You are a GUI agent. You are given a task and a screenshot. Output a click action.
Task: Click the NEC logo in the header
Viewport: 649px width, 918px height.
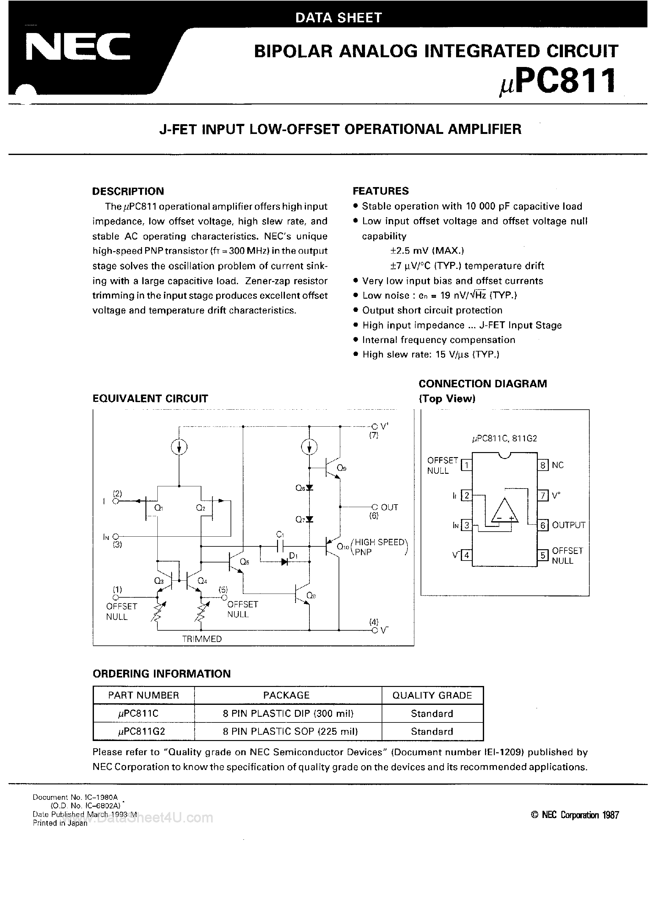[78, 47]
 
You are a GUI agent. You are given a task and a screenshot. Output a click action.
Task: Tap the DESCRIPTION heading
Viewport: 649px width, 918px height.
[128, 191]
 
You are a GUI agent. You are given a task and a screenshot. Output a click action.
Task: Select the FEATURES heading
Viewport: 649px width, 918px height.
[380, 191]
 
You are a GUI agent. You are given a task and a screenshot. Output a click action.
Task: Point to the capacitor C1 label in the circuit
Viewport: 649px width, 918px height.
[280, 534]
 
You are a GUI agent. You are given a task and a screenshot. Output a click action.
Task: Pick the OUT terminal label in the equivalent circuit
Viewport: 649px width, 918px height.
[389, 507]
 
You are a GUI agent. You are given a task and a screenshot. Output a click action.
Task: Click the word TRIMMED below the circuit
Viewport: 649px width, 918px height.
[202, 639]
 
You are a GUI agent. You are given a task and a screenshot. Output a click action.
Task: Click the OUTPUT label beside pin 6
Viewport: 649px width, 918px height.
[568, 525]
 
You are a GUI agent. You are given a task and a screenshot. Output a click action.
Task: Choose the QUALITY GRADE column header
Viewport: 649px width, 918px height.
[432, 695]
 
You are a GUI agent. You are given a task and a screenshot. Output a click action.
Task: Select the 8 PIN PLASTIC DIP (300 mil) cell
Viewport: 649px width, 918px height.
[288, 713]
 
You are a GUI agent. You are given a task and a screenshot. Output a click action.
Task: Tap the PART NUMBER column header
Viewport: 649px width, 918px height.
[144, 695]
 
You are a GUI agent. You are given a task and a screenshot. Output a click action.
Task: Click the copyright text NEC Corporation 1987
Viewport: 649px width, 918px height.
[575, 815]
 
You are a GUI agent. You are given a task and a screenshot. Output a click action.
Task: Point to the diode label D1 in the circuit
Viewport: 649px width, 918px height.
[293, 555]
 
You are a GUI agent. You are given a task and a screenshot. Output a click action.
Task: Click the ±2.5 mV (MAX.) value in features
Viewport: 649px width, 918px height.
[427, 251]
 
